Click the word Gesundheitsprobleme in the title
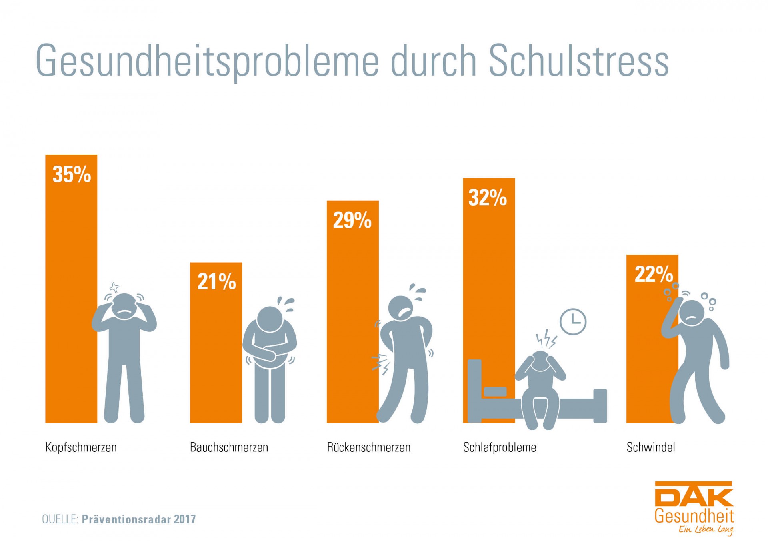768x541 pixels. tap(207, 61)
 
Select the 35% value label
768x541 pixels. tap(72, 174)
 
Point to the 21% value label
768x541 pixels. tap(216, 281)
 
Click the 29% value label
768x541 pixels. tap(352, 220)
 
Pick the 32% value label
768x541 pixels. tap(488, 198)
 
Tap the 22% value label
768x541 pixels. tap(654, 274)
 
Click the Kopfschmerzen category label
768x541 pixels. tap(81, 447)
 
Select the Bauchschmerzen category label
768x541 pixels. tap(229, 447)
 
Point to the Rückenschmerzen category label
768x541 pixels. tap(368, 447)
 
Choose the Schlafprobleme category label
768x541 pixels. tap(499, 447)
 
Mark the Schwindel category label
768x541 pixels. tap(650, 447)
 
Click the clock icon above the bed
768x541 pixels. tap(573, 321)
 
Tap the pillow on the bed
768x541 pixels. tap(495, 391)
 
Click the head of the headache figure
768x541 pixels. tap(124, 306)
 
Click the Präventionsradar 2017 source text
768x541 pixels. tap(139, 519)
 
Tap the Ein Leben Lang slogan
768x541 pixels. tap(706, 530)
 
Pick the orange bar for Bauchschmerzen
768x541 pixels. tap(216, 352)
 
